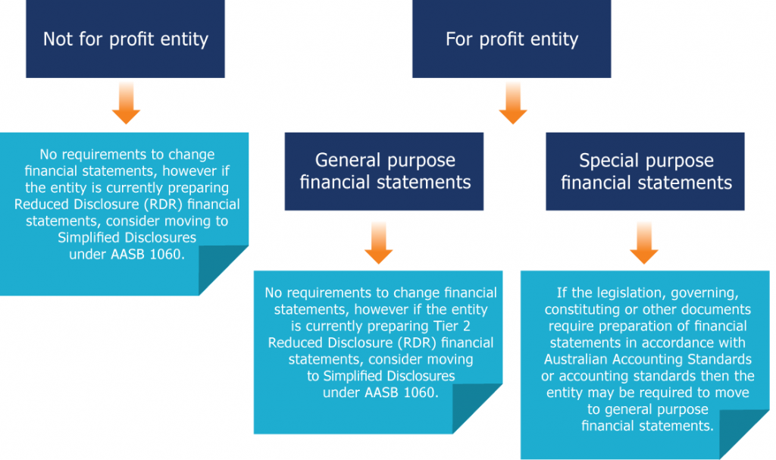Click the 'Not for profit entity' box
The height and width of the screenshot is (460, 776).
[x=125, y=39]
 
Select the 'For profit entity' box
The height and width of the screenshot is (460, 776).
[x=512, y=39]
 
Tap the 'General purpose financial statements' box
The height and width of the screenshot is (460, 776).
[x=384, y=171]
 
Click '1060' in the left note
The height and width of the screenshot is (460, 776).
[x=167, y=255]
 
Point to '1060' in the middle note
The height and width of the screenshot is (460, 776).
[x=421, y=393]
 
